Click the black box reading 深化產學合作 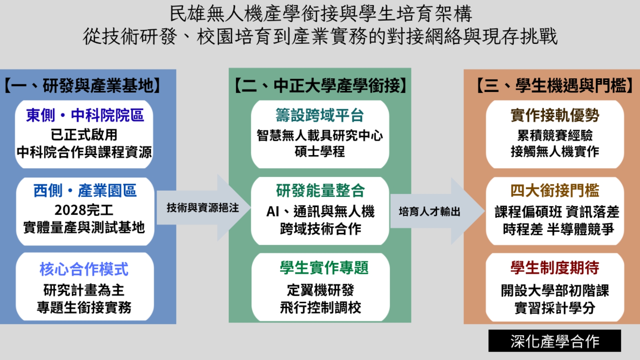(555, 341)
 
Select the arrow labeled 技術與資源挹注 (203, 208)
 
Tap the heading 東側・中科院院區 (85, 115)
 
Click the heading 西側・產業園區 (85, 191)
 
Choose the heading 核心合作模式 (84, 269)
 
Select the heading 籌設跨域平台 (320, 115)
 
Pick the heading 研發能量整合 (320, 191)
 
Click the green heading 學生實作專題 (324, 268)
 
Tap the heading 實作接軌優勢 (555, 115)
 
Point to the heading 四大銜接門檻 (555, 191)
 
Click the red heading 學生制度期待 (555, 268)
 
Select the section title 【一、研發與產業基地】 (82, 86)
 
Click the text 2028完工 (84, 210)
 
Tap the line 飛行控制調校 (320, 307)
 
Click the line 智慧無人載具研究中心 (320, 135)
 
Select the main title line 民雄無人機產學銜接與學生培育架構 (321, 14)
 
